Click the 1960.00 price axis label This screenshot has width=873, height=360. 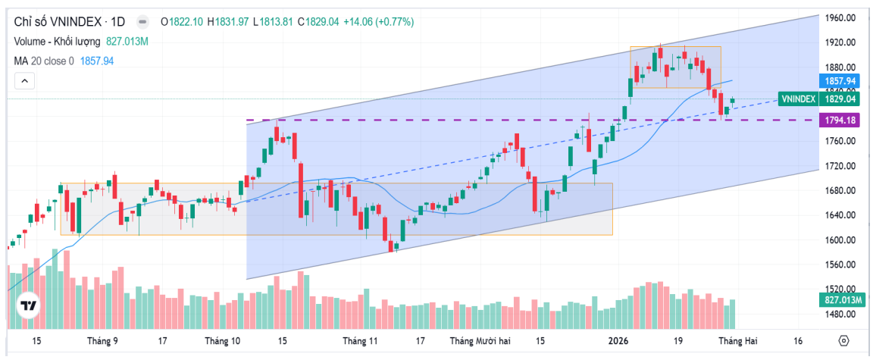tap(841, 17)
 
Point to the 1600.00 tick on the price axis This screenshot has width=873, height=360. tap(841, 240)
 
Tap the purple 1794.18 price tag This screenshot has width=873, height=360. tap(840, 121)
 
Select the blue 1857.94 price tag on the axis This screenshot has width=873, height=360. tap(840, 81)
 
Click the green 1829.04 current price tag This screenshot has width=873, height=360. tap(840, 99)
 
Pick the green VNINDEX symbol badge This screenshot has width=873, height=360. tap(797, 99)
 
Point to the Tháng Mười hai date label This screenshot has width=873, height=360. tap(480, 341)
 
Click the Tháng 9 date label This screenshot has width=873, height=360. tap(103, 341)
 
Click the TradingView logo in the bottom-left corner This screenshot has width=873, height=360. tap(28, 306)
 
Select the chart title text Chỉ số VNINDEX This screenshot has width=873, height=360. tap(52, 22)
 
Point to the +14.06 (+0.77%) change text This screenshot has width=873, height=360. tap(379, 22)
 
